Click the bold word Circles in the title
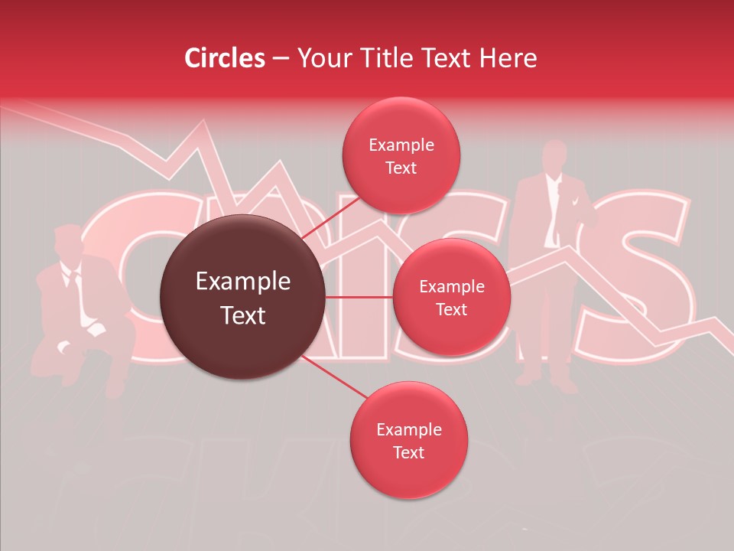224,58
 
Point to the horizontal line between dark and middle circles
359,296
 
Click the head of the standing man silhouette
555,156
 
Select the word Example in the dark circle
243,282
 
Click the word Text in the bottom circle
408,452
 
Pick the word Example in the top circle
401,145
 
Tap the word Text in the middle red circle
451,309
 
